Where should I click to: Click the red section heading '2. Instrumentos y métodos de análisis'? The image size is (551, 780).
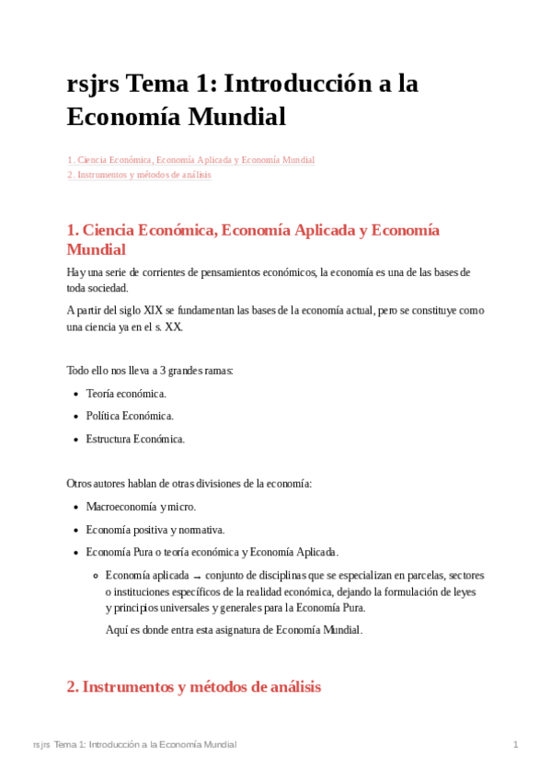tap(194, 686)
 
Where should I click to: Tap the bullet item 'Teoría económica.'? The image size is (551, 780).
tap(126, 394)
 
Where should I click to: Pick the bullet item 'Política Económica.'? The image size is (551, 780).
tap(130, 416)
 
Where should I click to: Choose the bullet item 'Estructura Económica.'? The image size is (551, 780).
tap(135, 439)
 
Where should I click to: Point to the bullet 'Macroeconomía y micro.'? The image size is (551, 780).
tap(141, 507)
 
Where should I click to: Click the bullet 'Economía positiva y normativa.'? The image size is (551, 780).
tap(155, 530)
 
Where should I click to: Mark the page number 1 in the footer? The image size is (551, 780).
tap(516, 744)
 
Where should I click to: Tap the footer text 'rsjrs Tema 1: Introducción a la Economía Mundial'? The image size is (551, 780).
tap(134, 744)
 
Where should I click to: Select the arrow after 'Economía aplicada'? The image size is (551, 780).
tap(198, 577)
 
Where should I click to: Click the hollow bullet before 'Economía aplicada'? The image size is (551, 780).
tap(96, 576)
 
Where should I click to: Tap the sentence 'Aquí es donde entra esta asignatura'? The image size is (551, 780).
tap(235, 630)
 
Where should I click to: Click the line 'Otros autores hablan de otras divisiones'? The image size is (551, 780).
tap(189, 484)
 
